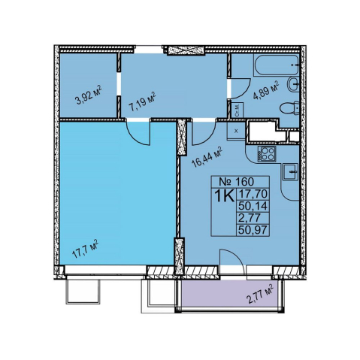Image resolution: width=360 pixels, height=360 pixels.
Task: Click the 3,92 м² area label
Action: [89, 95]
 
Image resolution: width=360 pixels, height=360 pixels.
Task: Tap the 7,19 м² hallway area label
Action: [142, 102]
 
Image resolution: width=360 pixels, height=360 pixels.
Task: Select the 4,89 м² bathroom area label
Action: [266, 90]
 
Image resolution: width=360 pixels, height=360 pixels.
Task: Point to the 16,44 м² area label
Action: [207, 157]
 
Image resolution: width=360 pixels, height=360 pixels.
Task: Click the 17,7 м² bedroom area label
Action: [85, 249]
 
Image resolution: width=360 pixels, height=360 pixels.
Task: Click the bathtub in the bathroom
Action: [276, 65]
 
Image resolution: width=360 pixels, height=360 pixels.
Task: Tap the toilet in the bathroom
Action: [289, 109]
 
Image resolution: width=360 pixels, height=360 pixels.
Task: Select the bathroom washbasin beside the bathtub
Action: [293, 84]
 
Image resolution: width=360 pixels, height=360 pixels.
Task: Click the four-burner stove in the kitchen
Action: [266, 153]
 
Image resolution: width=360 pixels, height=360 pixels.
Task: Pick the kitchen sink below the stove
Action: [291, 172]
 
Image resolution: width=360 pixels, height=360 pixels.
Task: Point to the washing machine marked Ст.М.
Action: [237, 110]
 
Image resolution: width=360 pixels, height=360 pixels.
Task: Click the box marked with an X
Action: [236, 131]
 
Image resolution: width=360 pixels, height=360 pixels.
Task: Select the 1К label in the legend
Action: [225, 196]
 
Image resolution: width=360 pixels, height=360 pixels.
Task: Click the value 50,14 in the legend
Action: [253, 206]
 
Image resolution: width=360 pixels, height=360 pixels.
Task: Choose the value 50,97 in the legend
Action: [253, 229]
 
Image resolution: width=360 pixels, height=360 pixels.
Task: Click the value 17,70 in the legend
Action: [253, 194]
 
